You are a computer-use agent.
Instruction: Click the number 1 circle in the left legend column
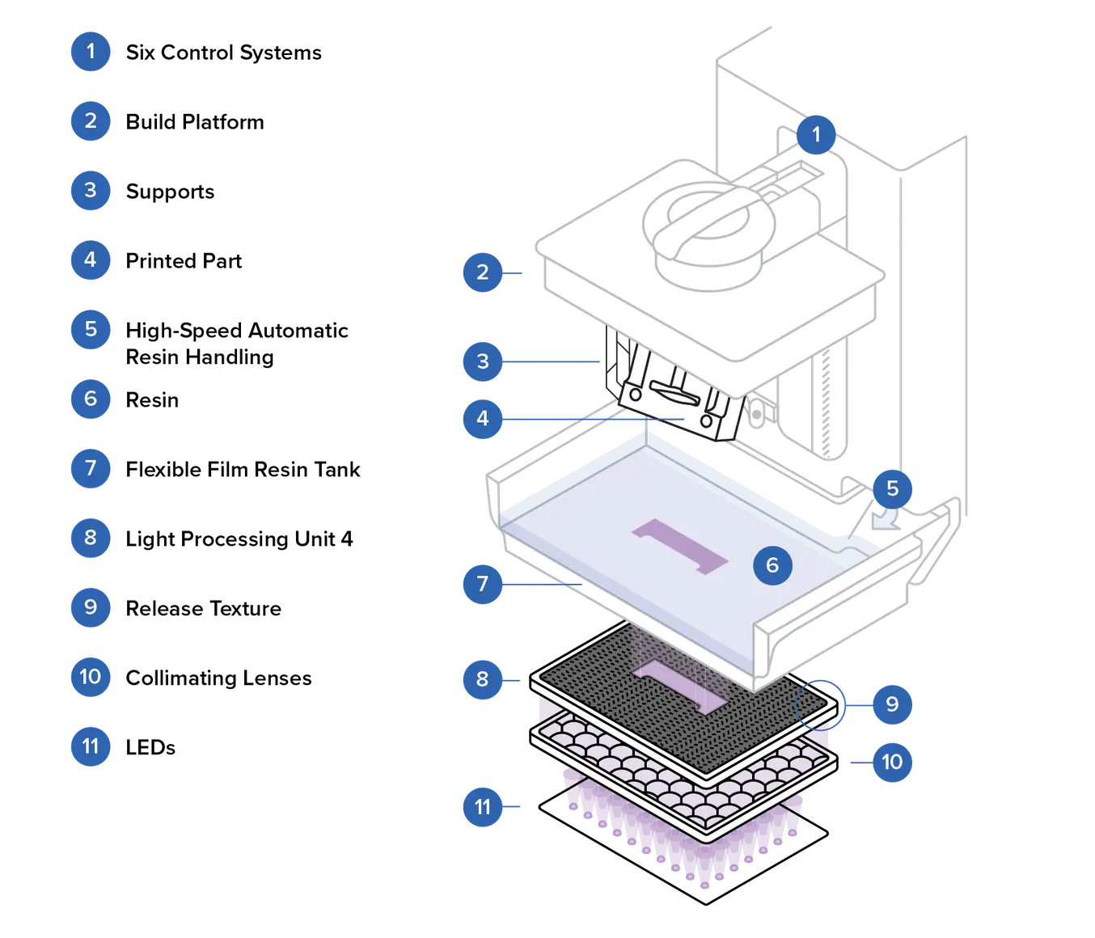click(90, 52)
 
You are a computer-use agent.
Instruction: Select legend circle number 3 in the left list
click(90, 190)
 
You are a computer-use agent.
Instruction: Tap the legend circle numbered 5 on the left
click(90, 329)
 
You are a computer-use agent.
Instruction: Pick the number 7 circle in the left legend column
click(90, 468)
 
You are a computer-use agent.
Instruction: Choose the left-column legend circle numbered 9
click(90, 606)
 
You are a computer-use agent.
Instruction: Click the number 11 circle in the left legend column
click(90, 746)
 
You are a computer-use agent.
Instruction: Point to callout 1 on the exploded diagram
click(815, 134)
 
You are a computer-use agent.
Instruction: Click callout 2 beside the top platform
click(483, 272)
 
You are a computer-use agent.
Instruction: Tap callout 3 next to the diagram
click(483, 361)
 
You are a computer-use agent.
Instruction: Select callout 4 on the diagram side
click(483, 418)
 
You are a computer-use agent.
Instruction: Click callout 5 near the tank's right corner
click(892, 488)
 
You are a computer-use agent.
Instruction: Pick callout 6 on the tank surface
click(772, 564)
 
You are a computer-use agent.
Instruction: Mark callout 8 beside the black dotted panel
click(483, 678)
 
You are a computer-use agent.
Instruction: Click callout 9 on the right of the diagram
click(892, 703)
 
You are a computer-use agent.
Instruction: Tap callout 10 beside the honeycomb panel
click(892, 762)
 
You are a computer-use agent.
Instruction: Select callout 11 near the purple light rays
click(483, 807)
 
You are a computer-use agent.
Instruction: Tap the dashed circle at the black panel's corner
click(818, 704)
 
